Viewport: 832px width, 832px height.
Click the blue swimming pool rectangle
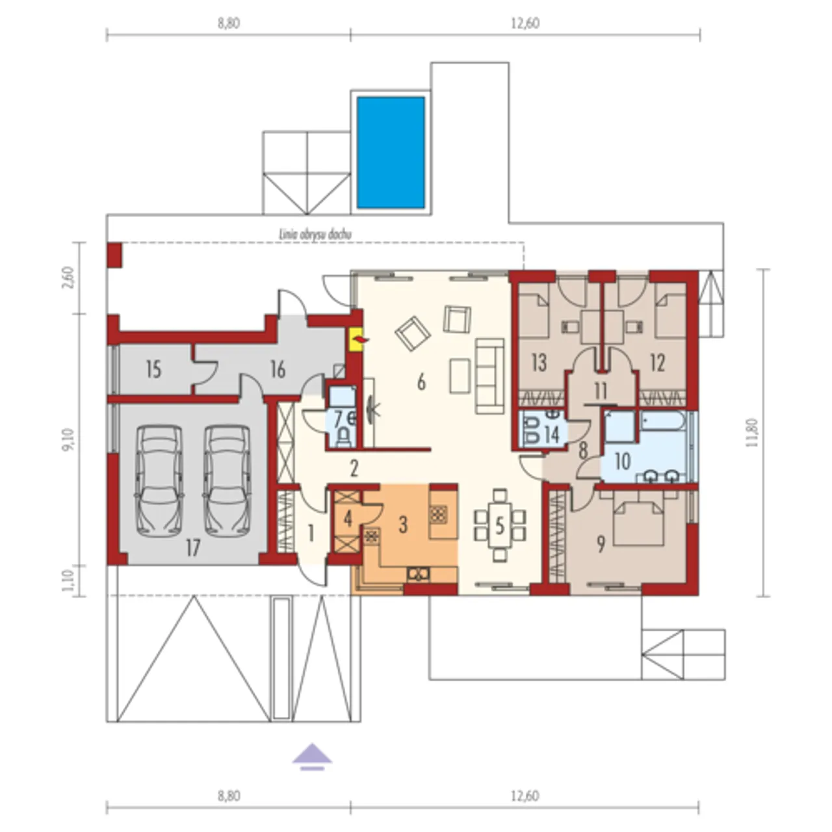(x=391, y=152)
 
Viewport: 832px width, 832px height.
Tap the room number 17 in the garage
(x=193, y=549)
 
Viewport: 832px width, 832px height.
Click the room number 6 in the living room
(x=421, y=382)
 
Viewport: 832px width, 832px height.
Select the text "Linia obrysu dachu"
(x=315, y=235)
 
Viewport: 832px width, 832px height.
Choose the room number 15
(x=153, y=370)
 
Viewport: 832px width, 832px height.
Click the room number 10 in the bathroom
(x=622, y=461)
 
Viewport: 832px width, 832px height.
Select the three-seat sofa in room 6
(x=489, y=376)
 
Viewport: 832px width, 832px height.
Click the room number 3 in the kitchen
(x=403, y=525)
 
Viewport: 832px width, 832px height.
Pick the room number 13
(x=539, y=362)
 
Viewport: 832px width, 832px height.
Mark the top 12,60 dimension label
(x=525, y=23)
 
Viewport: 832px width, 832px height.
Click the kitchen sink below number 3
(x=419, y=574)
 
